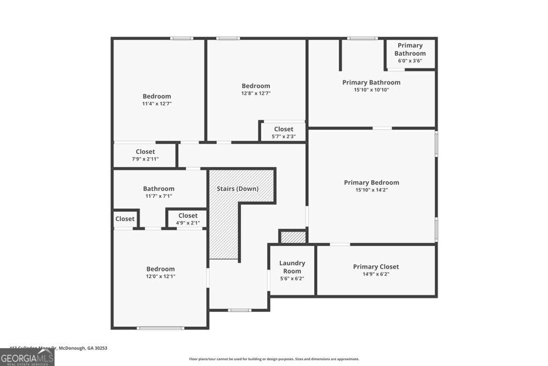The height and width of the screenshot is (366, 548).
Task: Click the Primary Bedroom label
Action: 371,183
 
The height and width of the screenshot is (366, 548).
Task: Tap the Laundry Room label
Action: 292,267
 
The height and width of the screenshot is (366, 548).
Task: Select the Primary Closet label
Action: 376,267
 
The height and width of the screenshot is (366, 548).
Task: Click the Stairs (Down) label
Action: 238,189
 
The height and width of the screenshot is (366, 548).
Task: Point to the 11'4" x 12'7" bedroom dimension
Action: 157,103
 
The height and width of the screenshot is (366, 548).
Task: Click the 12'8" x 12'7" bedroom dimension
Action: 256,93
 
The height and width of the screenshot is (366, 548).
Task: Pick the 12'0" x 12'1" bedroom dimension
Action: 161,276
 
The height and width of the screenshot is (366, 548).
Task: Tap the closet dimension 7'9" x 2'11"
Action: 145,159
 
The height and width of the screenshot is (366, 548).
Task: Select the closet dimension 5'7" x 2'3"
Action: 284,136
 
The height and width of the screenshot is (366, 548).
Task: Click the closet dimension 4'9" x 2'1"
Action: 188,222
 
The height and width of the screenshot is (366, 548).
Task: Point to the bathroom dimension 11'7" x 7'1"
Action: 158,196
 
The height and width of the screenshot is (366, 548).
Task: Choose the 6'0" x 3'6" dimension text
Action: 410,61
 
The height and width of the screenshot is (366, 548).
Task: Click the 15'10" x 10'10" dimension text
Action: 371,89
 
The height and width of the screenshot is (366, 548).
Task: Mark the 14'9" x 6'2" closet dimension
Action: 376,274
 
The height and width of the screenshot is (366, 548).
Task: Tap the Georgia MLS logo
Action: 27,357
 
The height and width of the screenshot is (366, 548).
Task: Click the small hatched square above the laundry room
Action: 293,237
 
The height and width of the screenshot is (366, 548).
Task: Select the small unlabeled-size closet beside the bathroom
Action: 125,219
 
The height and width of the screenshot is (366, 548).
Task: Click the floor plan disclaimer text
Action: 274,359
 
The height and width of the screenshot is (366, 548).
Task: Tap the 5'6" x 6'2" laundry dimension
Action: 292,278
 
